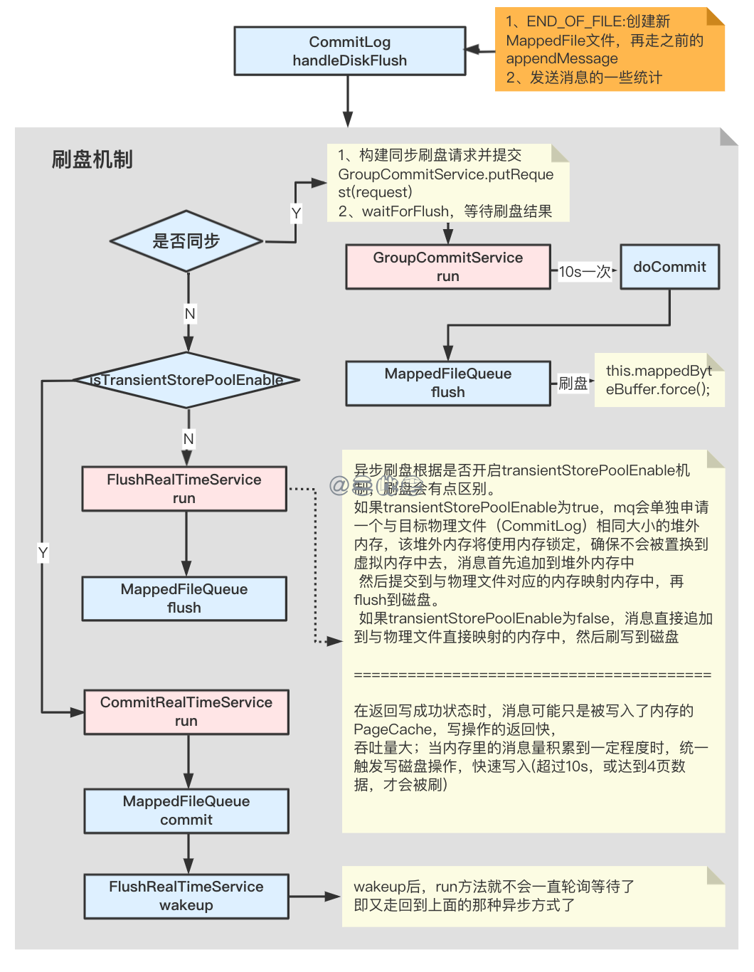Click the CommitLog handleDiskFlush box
coord(349,51)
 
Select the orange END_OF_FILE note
coord(609,49)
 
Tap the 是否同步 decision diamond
coord(186,241)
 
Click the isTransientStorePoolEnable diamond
coord(186,380)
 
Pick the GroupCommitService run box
coord(447,267)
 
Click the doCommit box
coord(669,267)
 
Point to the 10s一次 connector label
coord(585,271)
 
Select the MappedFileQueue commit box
coord(186,810)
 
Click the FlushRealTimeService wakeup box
coord(186,896)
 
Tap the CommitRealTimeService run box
coord(186,712)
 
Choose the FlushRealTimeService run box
coord(184,489)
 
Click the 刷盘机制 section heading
coord(92,159)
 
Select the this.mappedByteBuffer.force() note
coord(658,380)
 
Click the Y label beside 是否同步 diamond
coord(297,213)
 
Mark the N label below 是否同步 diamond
coord(189,314)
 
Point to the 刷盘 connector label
coord(573,384)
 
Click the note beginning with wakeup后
coord(533,896)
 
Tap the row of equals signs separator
coord(532,675)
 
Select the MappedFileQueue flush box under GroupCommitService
coord(447,383)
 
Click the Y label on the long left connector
coord(43,553)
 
